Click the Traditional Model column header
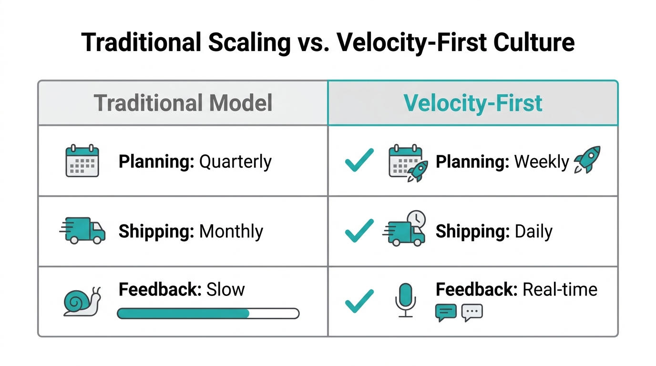pos(183,103)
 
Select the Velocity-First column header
pos(473,103)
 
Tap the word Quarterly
pos(235,162)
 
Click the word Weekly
pos(542,162)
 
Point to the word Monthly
pos(231,232)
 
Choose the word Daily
pos(533,232)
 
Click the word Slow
pos(225,289)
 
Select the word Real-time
pos(560,289)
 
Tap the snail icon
pos(82,302)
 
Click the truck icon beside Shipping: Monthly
pos(82,231)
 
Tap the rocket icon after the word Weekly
pos(587,160)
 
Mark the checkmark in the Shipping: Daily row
pos(359,230)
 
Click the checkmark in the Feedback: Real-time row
pos(359,301)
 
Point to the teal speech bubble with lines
pos(446,313)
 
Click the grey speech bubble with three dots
pos(472,313)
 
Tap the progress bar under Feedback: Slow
pos(208,313)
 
